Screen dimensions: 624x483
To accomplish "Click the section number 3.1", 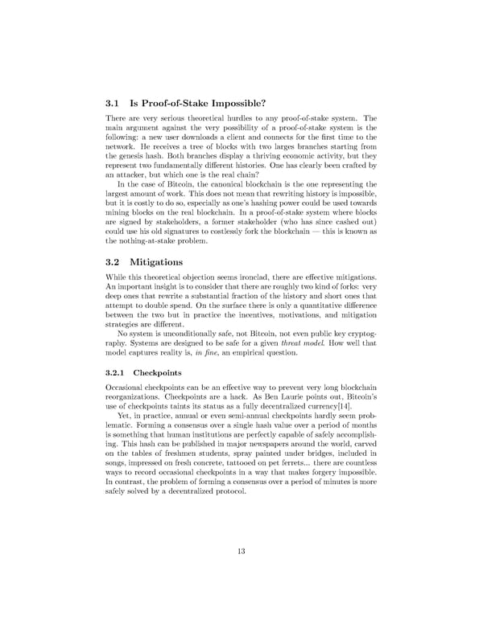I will point(114,103).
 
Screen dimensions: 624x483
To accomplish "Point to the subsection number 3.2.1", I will point(117,373).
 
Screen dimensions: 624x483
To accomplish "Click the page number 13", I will point(241,550).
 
